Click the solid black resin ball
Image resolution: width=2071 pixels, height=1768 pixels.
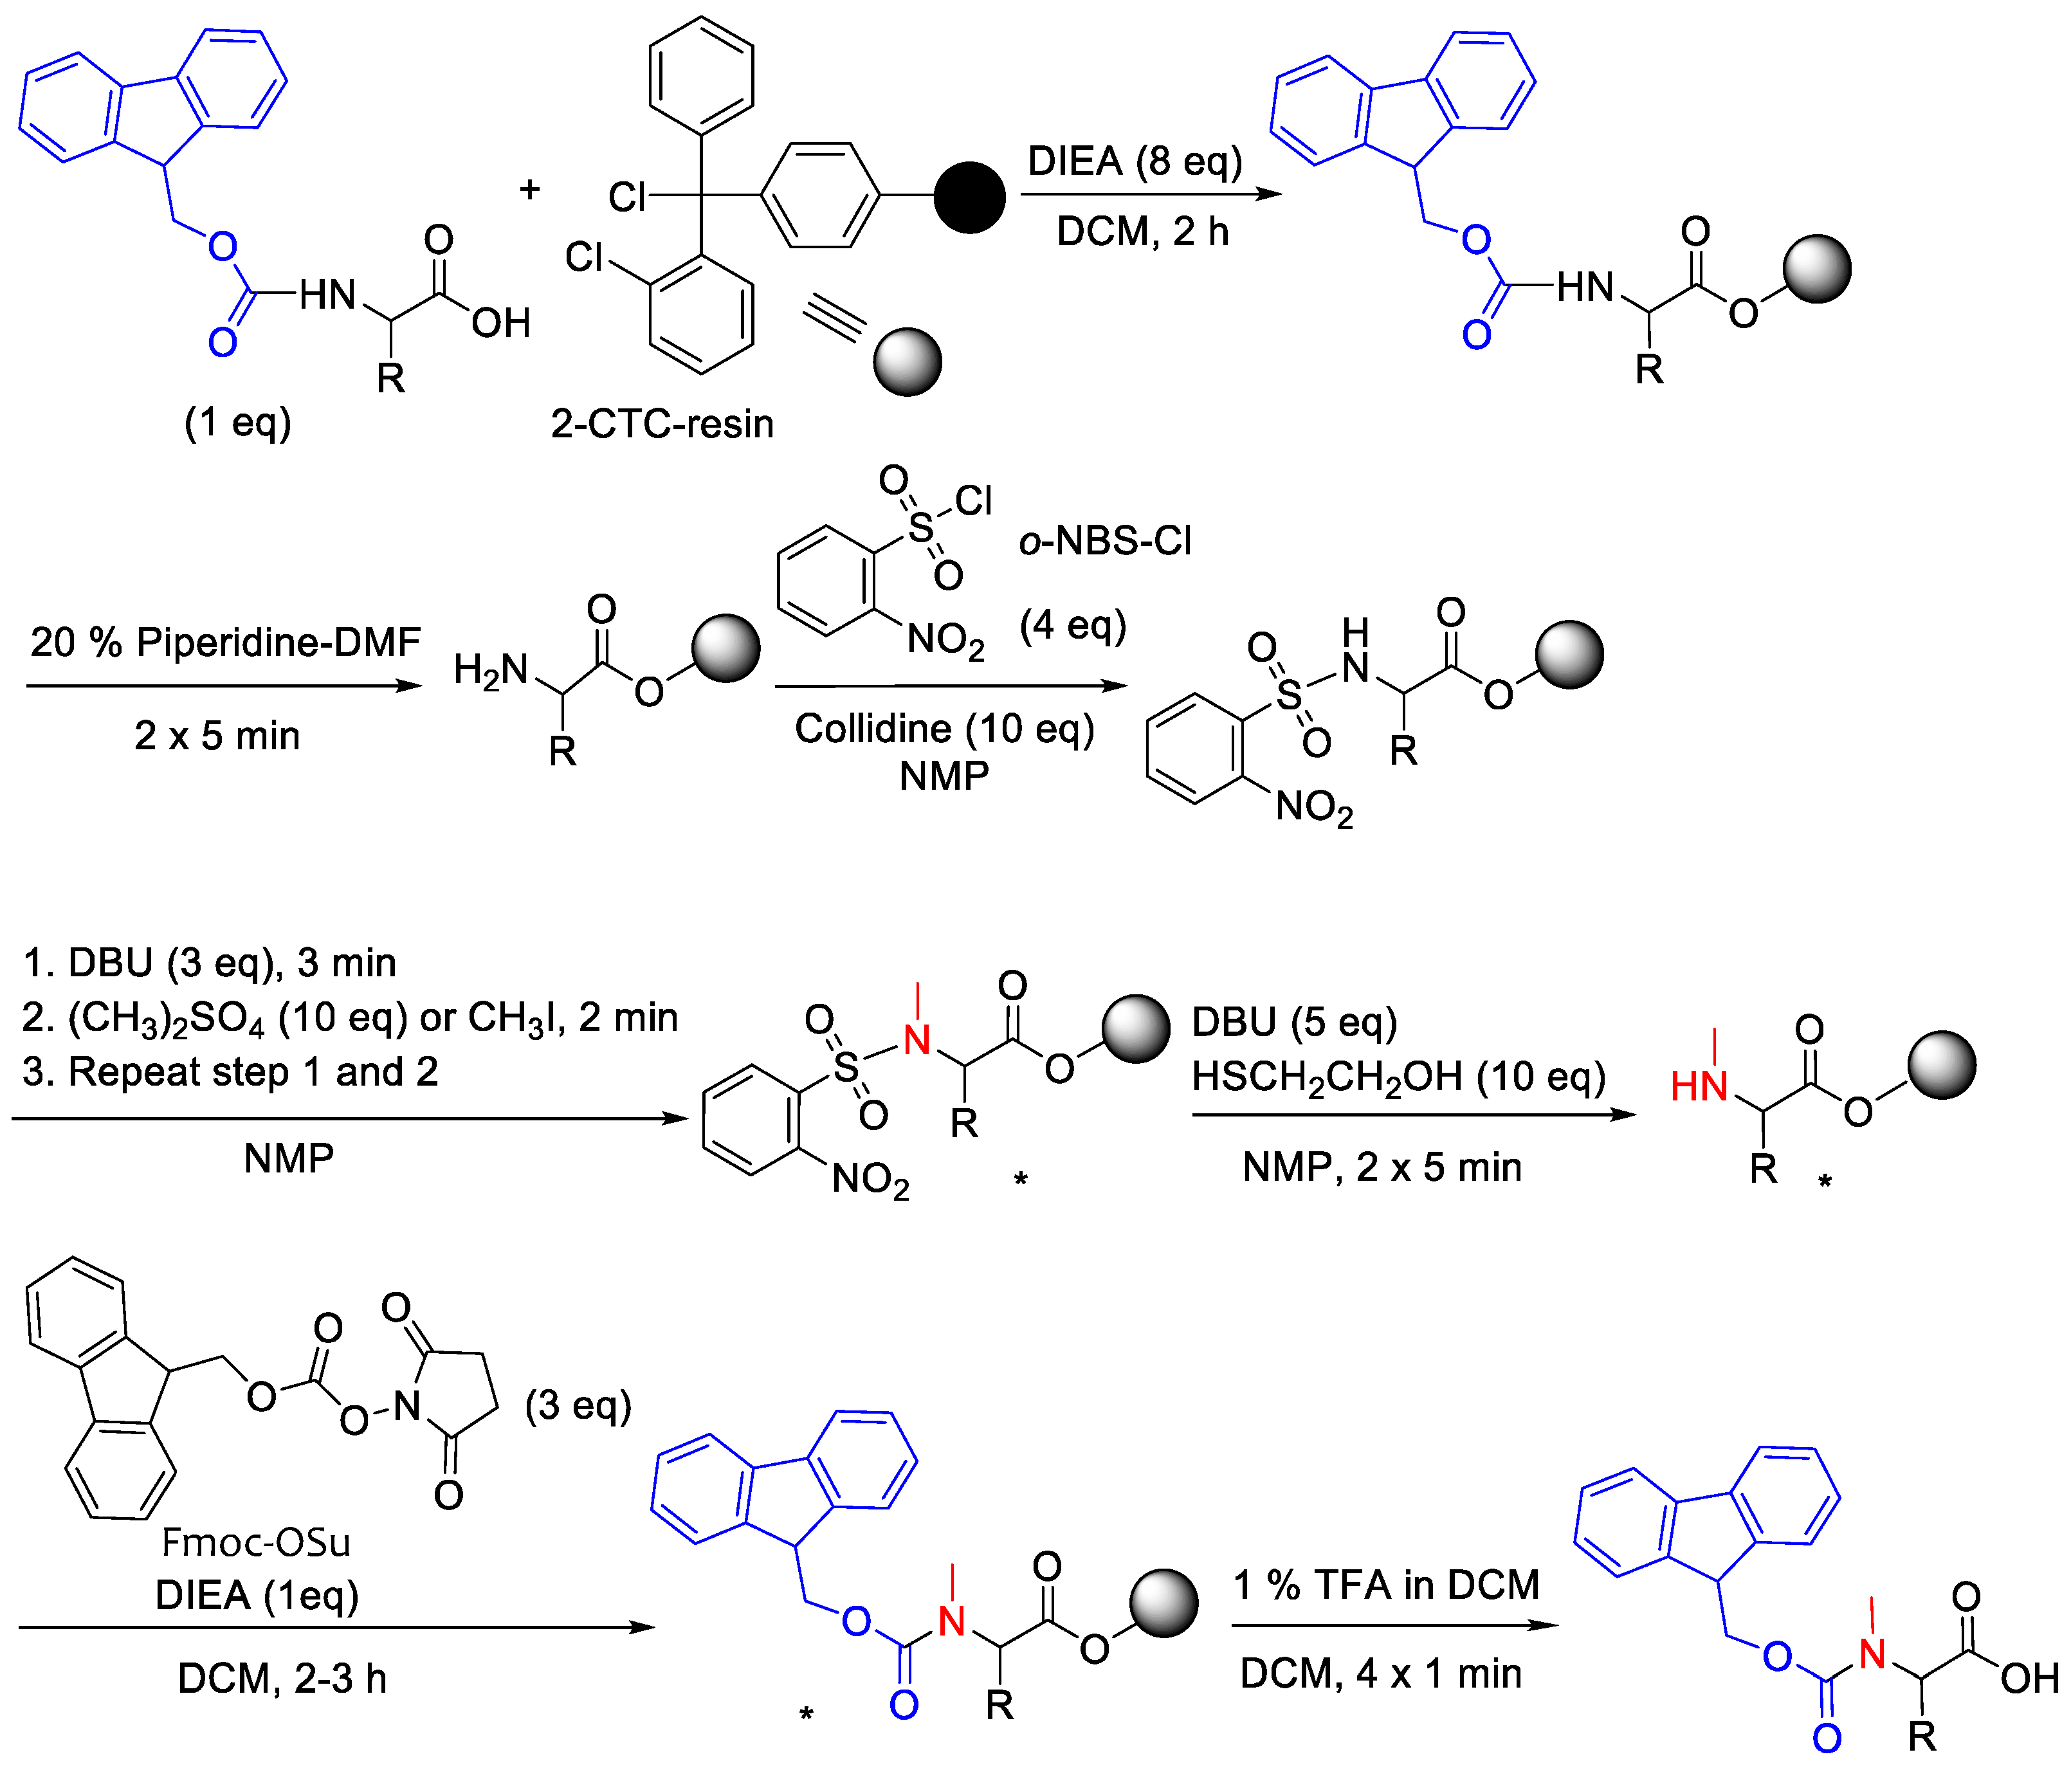969,197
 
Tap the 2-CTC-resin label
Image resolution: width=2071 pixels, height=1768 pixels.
662,424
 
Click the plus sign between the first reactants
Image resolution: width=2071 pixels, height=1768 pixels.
530,189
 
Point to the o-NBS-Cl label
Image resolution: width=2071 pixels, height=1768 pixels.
1104,541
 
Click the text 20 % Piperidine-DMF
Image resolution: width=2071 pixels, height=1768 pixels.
225,642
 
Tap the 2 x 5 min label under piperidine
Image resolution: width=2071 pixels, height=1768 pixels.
217,736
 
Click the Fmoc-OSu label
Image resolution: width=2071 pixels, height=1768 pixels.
256,1542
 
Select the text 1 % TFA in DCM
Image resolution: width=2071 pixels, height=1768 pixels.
1385,1585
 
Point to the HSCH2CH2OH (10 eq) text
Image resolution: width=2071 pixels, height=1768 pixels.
1398,1077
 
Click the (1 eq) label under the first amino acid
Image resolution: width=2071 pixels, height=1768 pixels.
238,422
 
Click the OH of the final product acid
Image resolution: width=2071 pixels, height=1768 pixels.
2029,1679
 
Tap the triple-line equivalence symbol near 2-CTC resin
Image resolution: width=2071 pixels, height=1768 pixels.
833,320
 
